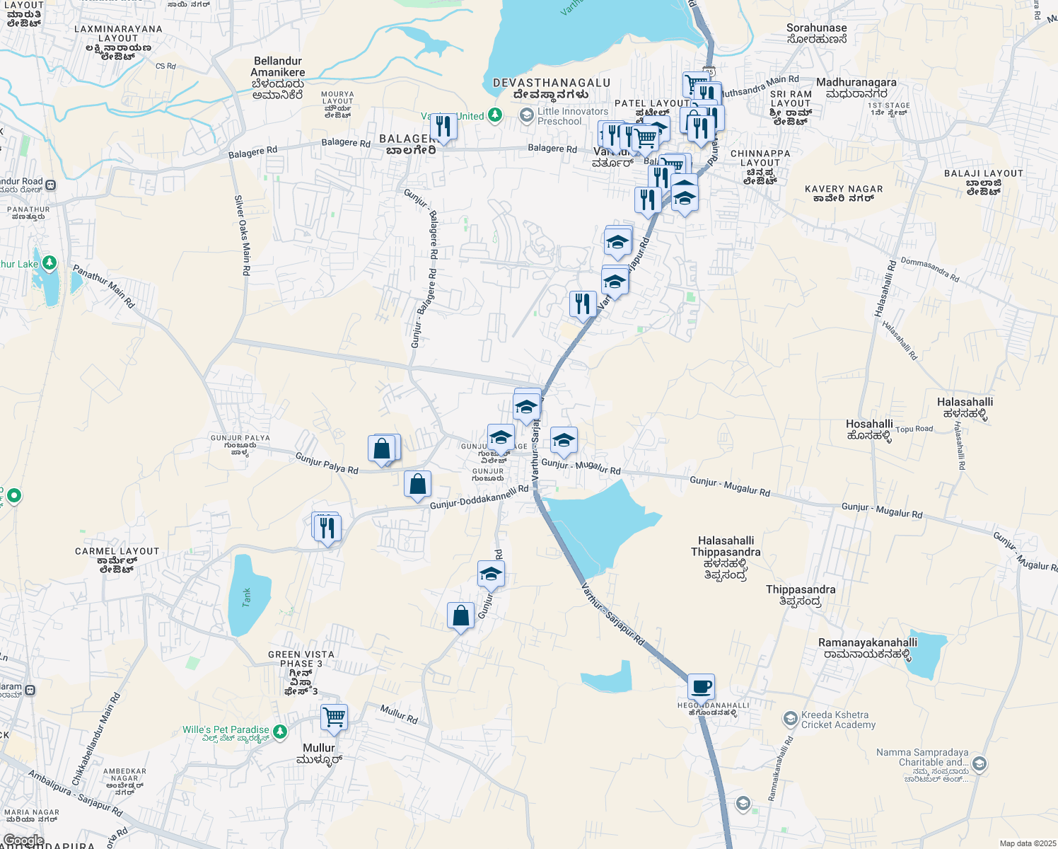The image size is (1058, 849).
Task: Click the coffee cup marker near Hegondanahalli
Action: (x=701, y=686)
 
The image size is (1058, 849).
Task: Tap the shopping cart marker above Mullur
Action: (x=334, y=717)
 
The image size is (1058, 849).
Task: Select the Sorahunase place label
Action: (x=816, y=33)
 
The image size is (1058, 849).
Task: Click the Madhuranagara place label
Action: (x=856, y=88)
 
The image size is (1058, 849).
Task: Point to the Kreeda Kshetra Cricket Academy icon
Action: (x=790, y=720)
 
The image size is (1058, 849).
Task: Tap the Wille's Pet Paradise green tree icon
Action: (x=281, y=731)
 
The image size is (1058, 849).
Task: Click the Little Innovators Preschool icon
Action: (x=526, y=115)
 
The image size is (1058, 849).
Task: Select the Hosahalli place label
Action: (x=869, y=429)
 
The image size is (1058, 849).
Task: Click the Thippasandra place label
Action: (x=801, y=595)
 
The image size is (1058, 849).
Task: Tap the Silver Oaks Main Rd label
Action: (x=242, y=236)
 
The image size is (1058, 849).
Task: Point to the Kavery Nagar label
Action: (x=844, y=193)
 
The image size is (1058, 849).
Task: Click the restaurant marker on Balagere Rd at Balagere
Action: (x=443, y=127)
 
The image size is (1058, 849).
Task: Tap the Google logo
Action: (x=24, y=841)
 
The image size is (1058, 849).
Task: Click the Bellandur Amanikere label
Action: (x=278, y=78)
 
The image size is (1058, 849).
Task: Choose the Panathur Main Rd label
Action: (x=104, y=286)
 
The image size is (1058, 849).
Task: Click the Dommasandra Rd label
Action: (x=930, y=270)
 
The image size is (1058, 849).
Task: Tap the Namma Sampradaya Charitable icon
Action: (x=979, y=763)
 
